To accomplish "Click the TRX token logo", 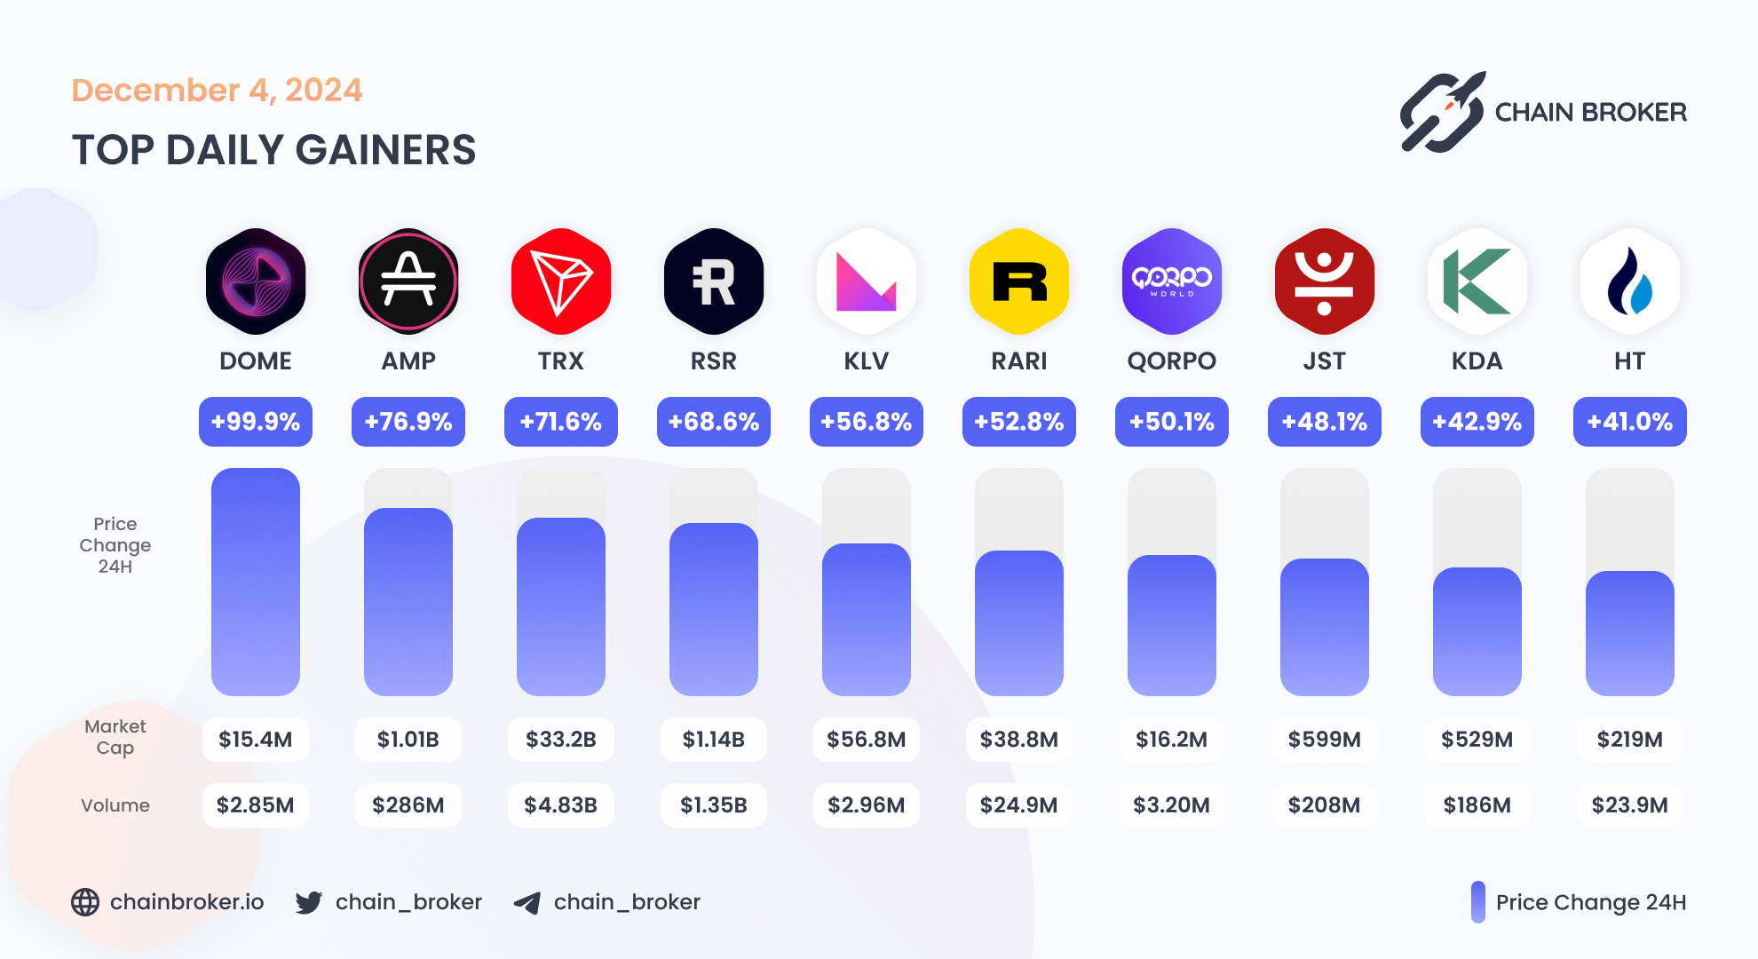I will click(561, 281).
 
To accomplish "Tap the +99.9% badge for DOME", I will click(256, 422).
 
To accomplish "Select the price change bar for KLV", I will click(867, 619).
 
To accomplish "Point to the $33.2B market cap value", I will click(561, 740).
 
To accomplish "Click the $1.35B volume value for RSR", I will click(714, 805).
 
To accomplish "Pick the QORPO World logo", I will click(1172, 281).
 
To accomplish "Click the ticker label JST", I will click(1325, 361).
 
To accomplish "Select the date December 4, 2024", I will click(217, 91).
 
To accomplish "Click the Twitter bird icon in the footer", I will click(309, 903).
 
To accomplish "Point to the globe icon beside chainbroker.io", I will click(85, 902).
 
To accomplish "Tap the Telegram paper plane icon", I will click(527, 903).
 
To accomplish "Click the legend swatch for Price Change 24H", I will click(1477, 902).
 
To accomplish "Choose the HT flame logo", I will click(1630, 281).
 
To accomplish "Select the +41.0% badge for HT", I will click(1630, 422).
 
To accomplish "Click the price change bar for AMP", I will click(408, 601).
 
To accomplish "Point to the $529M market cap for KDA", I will click(1477, 740).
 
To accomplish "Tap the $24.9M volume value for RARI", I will click(1019, 805).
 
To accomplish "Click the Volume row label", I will click(115, 805).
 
